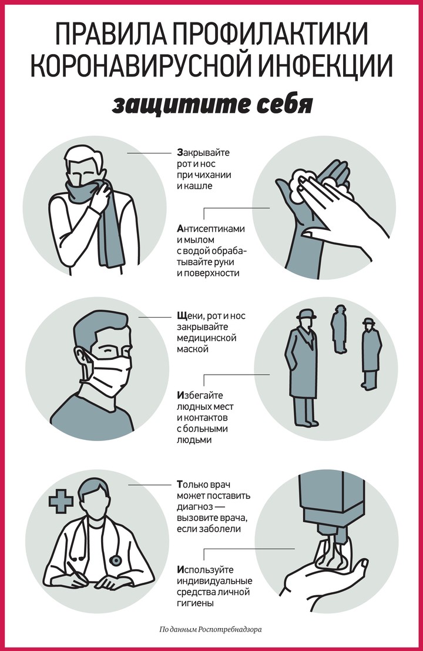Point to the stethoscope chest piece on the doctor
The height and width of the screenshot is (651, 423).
[115, 560]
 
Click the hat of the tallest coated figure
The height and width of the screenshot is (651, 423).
[305, 314]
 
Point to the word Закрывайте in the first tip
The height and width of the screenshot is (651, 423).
[203, 153]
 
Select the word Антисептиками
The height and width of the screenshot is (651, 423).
[211, 229]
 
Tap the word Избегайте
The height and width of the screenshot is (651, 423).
[200, 396]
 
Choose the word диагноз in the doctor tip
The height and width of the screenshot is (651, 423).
[195, 508]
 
